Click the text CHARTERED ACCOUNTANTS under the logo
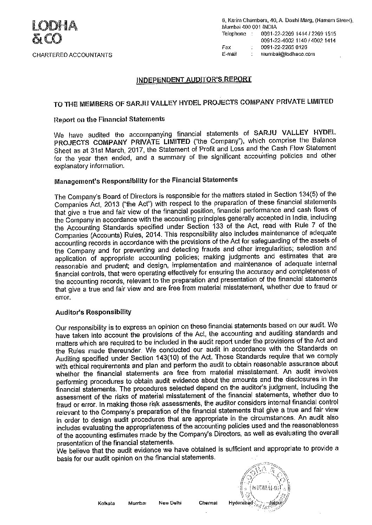point(72,55)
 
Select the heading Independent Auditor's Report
point(194,80)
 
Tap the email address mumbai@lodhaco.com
point(288,54)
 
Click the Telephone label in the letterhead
point(234,34)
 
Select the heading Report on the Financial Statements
point(109,119)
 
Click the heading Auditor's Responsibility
point(93,312)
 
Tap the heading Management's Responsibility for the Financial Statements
point(146,180)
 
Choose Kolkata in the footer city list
point(106,513)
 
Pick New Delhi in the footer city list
point(170,513)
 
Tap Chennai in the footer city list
point(208,513)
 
